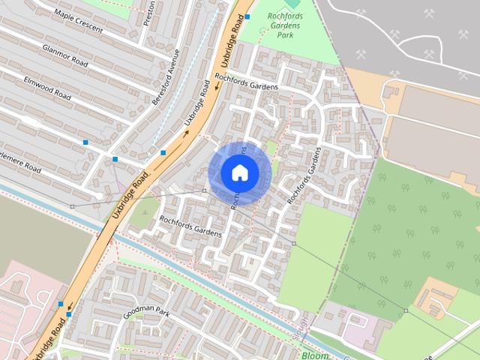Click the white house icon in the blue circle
pos(239,172)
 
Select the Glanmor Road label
pos(66,55)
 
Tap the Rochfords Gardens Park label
pos(285,24)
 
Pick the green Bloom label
pos(314,354)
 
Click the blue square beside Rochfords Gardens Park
pos(247,16)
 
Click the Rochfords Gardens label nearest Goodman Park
pos(190,226)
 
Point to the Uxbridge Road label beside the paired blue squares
pos(49,336)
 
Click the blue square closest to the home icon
pos(163,153)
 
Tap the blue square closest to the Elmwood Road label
pos(85,142)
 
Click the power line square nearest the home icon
pos(204,191)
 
